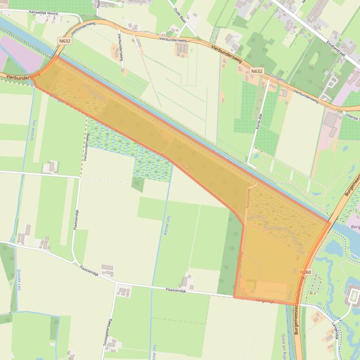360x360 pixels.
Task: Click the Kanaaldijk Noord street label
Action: click(x=43, y=14)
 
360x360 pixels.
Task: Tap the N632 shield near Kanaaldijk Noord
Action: click(x=65, y=41)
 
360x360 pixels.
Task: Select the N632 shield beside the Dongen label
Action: click(x=257, y=72)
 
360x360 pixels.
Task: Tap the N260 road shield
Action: click(x=305, y=272)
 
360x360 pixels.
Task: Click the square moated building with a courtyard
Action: click(x=353, y=295)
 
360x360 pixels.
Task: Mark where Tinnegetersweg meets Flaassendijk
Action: click(x=116, y=282)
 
